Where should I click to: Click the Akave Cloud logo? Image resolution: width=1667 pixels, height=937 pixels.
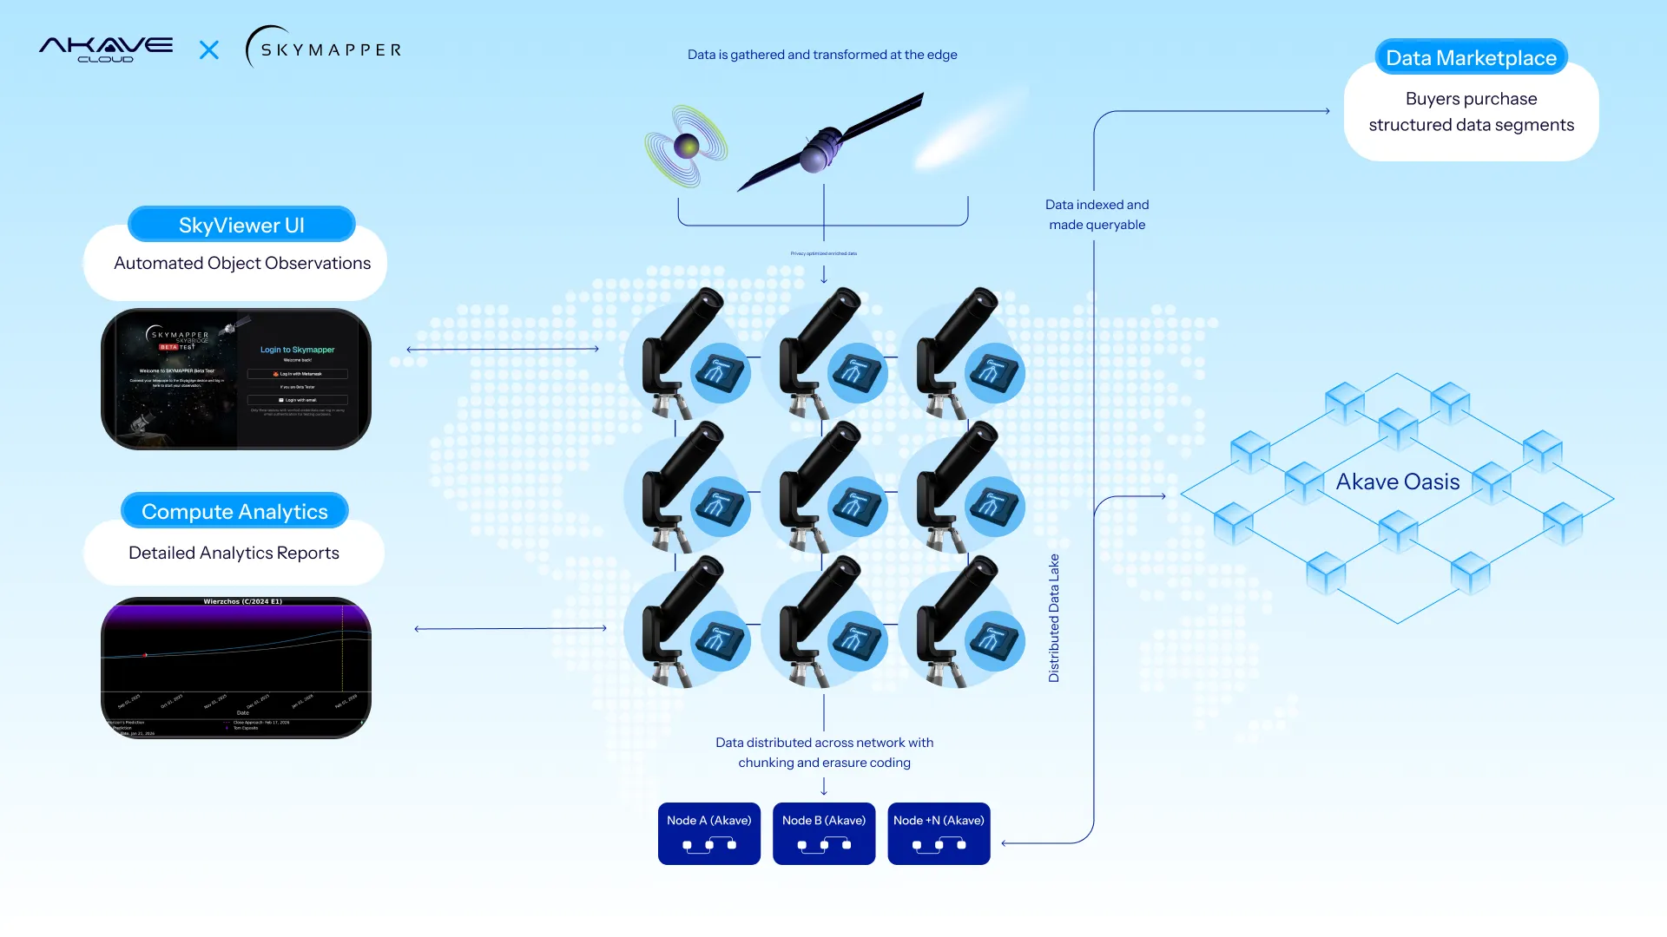tap(106, 49)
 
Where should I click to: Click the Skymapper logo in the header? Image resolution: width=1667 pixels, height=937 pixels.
tap(324, 49)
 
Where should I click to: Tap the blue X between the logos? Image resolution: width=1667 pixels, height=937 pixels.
tap(209, 50)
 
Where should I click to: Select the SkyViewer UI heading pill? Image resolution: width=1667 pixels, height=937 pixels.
tap(241, 226)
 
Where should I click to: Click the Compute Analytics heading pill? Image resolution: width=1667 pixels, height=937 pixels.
tap(234, 512)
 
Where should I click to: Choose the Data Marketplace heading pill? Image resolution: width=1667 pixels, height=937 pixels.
tap(1471, 58)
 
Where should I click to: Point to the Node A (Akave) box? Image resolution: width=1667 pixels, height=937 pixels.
tap(708, 833)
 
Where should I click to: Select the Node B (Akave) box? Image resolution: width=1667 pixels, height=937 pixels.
tap(823, 833)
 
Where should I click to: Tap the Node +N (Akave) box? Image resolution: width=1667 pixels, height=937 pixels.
tap(939, 833)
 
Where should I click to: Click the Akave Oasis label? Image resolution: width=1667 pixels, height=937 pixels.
tap(1397, 482)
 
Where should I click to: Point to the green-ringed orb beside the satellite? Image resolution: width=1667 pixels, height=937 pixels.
tap(686, 146)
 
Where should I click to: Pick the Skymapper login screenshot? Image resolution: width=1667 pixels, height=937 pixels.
tap(236, 379)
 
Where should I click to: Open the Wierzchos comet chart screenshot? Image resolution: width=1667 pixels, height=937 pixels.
tap(236, 667)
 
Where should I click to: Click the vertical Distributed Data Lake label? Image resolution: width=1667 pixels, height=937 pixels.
tap(1054, 618)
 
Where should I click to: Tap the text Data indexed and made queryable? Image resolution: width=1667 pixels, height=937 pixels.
tap(1097, 214)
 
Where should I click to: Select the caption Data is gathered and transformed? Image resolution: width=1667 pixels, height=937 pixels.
tap(821, 55)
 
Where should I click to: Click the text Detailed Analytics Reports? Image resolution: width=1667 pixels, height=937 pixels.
tap(234, 553)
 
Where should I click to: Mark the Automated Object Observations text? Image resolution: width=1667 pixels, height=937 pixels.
tap(242, 263)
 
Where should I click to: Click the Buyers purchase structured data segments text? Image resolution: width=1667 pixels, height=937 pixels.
tap(1471, 112)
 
